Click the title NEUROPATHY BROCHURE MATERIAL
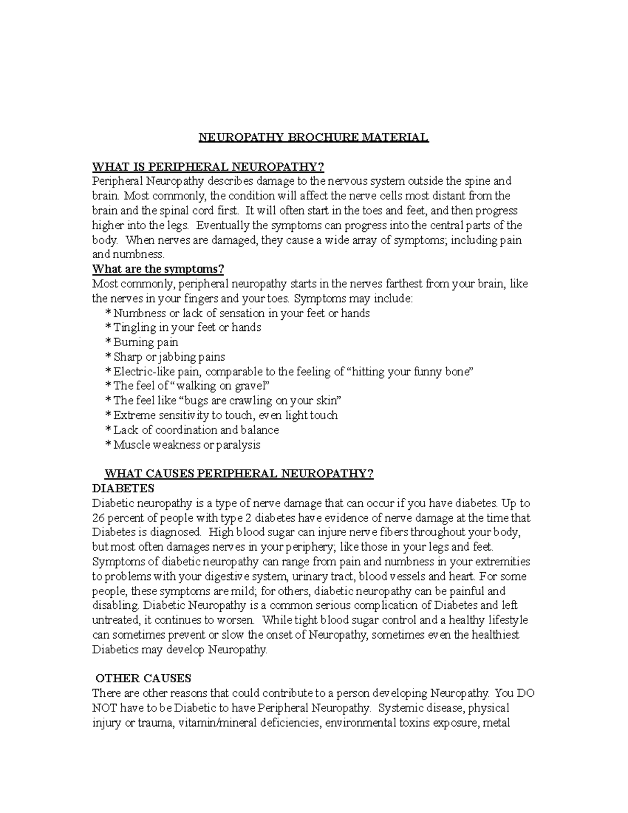point(313,138)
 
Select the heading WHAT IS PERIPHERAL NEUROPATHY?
point(208,167)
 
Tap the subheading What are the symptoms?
point(158,269)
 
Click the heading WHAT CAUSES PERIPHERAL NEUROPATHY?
point(239,474)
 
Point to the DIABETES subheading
point(123,488)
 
